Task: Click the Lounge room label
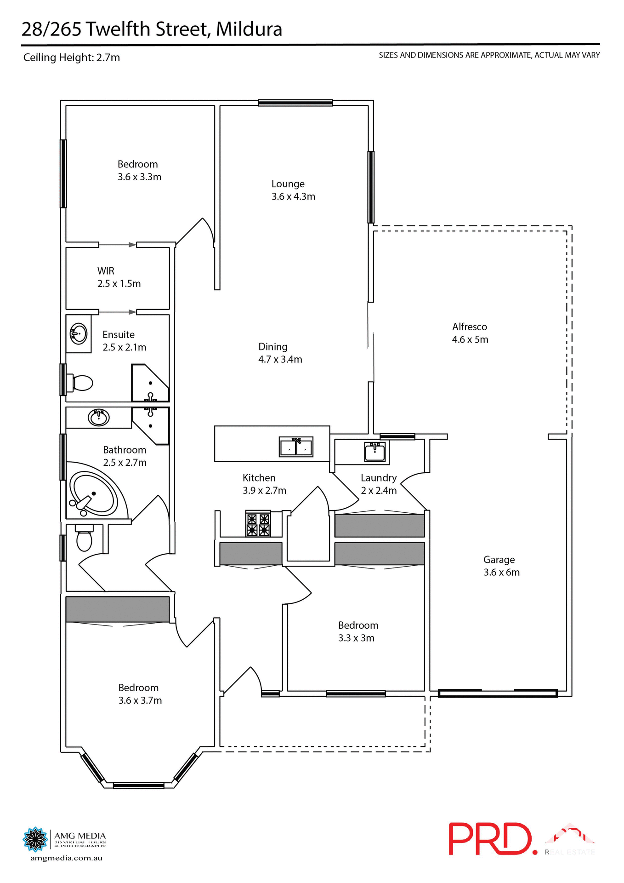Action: click(x=288, y=184)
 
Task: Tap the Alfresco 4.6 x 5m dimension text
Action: click(x=470, y=339)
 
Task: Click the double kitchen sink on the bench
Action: click(x=296, y=447)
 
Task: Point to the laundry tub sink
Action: click(x=374, y=452)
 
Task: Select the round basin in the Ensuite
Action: click(x=79, y=333)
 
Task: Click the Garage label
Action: click(x=499, y=560)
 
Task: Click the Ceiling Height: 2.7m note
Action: click(x=72, y=57)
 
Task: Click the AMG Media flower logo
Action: click(x=35, y=839)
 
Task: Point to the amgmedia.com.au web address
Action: click(x=66, y=858)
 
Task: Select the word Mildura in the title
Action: click(x=249, y=29)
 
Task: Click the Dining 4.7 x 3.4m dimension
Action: click(x=280, y=360)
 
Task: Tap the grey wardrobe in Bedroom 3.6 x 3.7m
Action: click(x=117, y=609)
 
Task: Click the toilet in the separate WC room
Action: click(x=84, y=539)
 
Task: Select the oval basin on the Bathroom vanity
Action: click(x=98, y=418)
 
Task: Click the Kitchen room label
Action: click(x=259, y=478)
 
